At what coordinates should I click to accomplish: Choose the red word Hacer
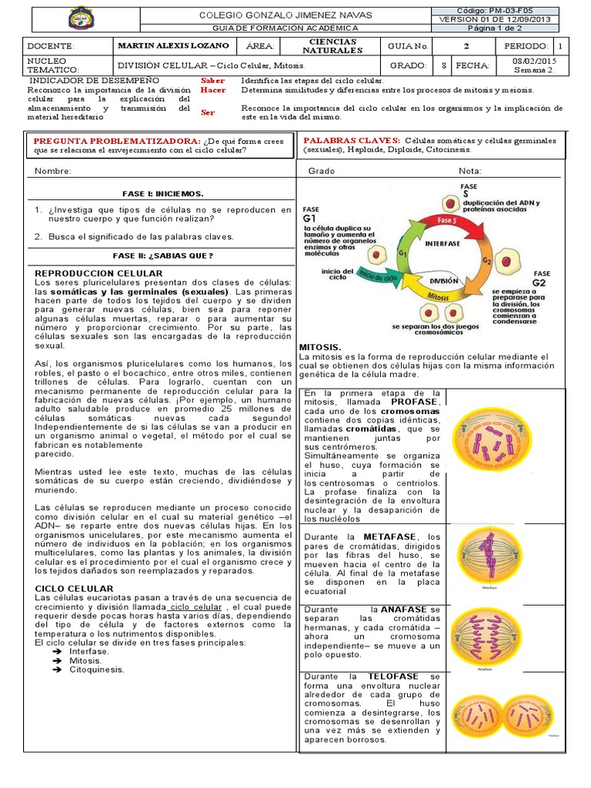coord(212,90)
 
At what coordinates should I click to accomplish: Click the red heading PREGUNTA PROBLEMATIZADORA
coord(113,142)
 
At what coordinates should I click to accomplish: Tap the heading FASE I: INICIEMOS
coord(162,193)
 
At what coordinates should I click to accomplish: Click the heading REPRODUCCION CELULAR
coord(99,273)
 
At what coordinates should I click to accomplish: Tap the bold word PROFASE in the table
coord(416,402)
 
